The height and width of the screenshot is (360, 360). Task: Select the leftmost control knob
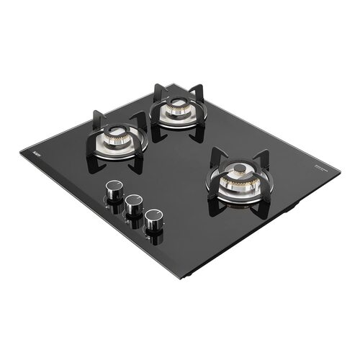coord(113,191)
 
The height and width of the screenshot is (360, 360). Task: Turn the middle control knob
coord(132,205)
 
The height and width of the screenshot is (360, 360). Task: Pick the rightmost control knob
coord(152,220)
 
